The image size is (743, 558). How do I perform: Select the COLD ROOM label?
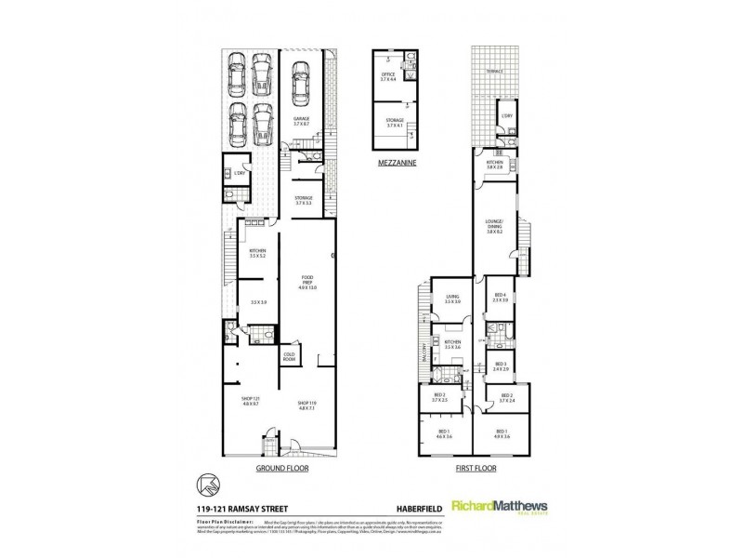point(290,357)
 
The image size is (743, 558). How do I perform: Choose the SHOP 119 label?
point(307,405)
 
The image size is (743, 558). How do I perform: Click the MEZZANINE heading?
point(397,162)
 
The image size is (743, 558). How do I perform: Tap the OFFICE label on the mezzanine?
point(388,74)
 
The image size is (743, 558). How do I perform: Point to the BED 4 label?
point(500,297)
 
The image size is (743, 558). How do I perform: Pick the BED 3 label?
point(500,365)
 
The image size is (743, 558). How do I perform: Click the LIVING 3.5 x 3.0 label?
point(452,299)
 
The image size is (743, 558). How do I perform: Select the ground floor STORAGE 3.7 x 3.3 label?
point(303,200)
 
